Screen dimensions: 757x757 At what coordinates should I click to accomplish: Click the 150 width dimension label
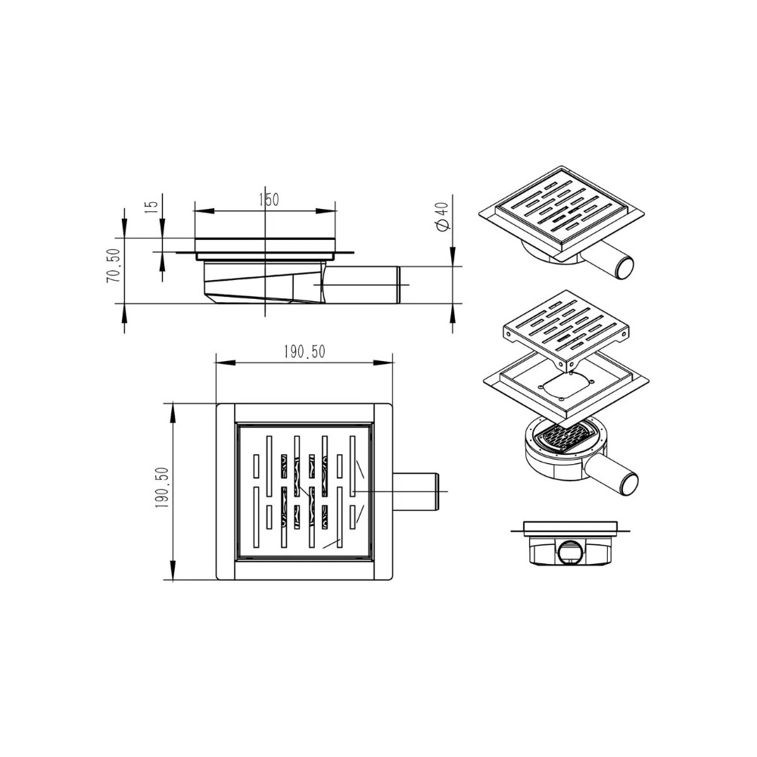point(269,199)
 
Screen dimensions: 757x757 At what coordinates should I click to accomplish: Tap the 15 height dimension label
point(151,204)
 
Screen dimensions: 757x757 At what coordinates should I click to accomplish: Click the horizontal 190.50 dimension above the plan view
point(304,352)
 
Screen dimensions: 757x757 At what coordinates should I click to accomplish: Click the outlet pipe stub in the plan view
point(416,491)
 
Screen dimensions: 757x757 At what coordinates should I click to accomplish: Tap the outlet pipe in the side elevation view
point(362,285)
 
